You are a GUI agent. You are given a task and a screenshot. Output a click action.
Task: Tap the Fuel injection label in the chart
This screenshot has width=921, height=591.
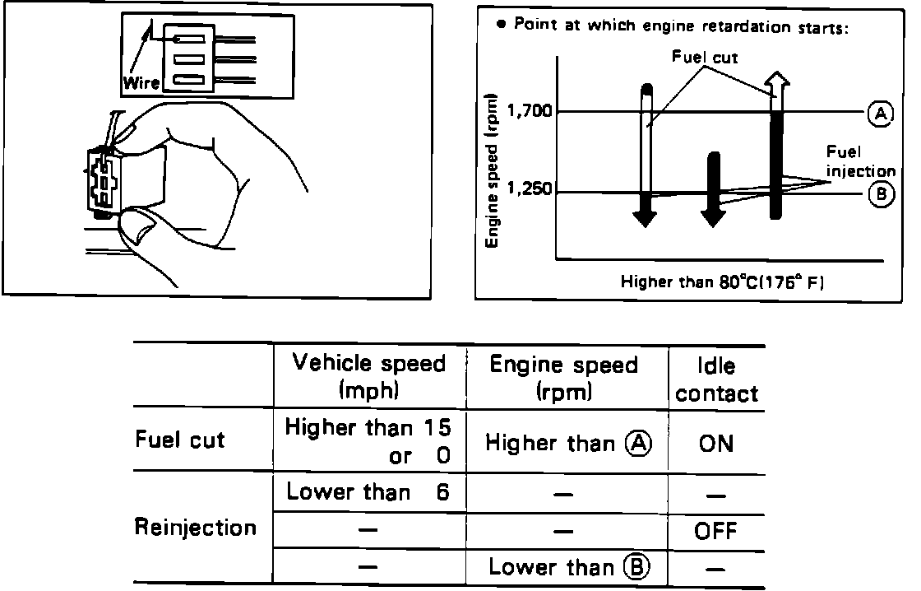(x=859, y=161)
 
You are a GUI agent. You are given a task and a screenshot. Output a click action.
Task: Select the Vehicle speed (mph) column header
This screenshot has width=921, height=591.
(x=368, y=376)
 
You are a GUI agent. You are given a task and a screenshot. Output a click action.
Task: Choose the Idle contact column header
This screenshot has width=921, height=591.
(x=716, y=379)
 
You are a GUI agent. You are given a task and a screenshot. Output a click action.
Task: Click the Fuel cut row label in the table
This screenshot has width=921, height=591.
(x=179, y=440)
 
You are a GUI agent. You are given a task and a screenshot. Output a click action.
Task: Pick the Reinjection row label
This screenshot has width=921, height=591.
(x=195, y=527)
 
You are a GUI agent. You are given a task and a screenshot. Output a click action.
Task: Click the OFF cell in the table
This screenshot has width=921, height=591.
(x=715, y=531)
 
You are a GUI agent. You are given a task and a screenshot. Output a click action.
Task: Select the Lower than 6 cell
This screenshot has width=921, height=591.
(x=368, y=492)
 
